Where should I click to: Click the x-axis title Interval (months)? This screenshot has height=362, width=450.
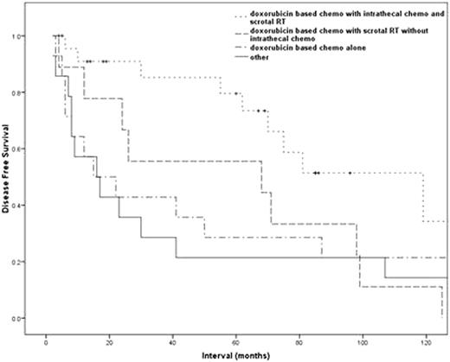click(246, 354)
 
